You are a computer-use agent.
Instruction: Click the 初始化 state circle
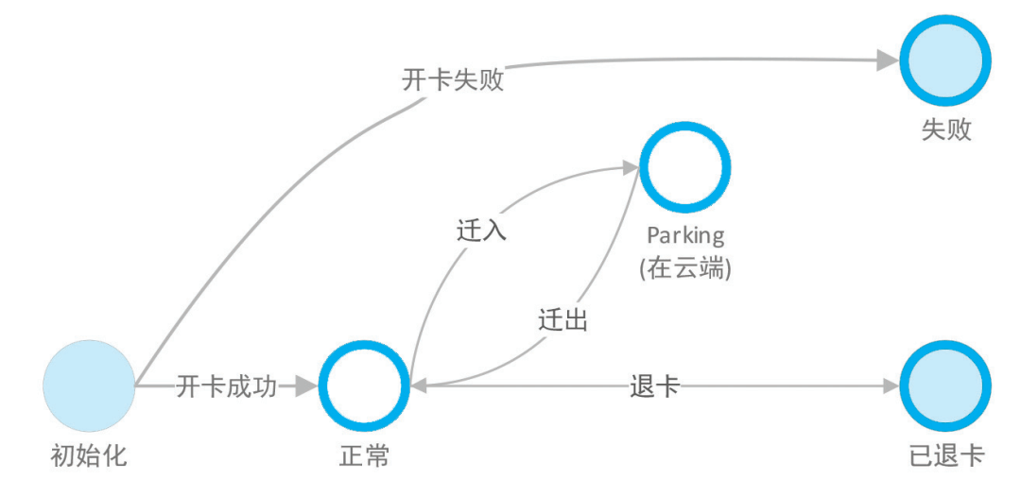89,386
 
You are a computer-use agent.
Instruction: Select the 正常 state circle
364,386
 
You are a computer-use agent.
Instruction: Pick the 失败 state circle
945,61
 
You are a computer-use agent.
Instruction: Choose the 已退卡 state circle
945,386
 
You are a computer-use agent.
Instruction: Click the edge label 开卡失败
453,80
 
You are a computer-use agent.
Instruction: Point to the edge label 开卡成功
227,386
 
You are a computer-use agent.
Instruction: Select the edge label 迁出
562,319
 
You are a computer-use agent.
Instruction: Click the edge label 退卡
654,386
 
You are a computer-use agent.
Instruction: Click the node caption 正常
364,457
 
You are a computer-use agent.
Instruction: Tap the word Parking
685,234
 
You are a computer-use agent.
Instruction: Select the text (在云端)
685,268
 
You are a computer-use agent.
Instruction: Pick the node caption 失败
945,129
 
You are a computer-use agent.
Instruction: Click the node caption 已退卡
945,457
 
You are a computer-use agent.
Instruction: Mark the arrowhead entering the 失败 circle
886,61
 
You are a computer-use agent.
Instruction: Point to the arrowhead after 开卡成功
304,386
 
